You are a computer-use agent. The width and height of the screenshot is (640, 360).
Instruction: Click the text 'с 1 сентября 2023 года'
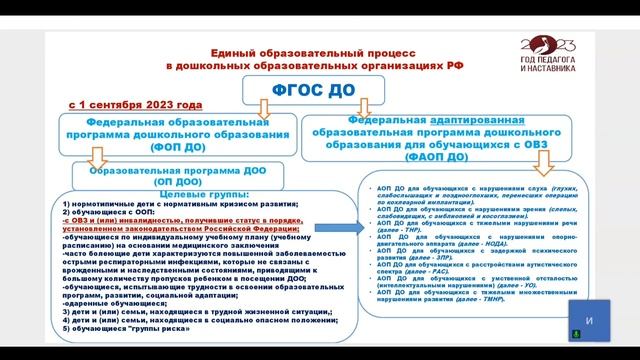pos(136,104)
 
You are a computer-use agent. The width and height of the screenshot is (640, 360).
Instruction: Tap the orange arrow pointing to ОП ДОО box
pos(97,158)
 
